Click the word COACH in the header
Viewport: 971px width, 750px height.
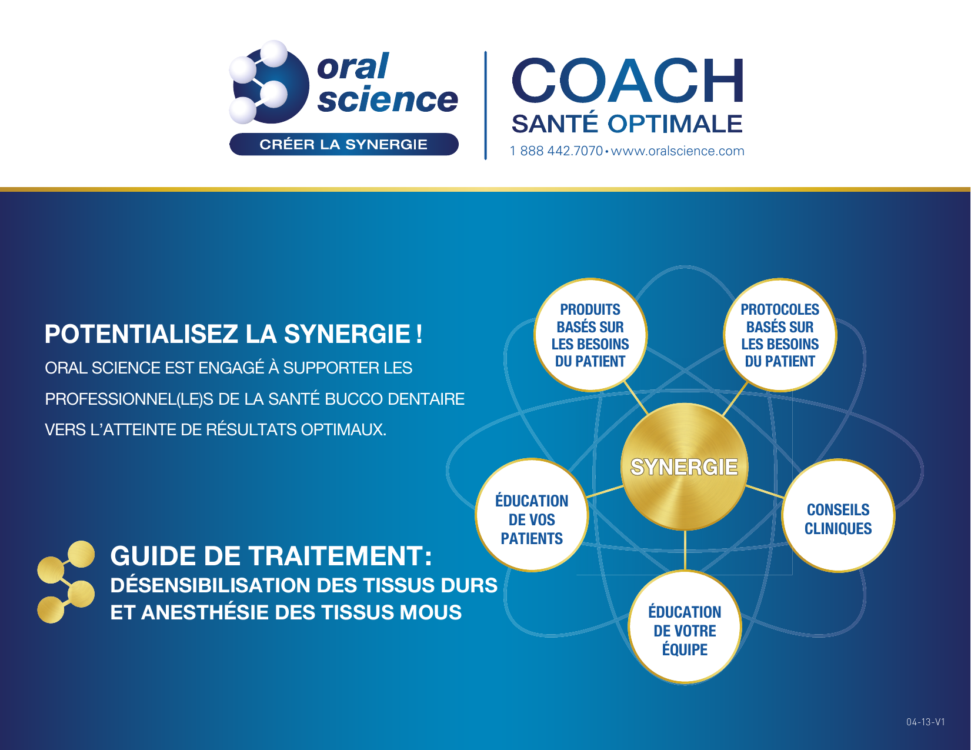(628, 81)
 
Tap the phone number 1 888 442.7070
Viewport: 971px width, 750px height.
(556, 151)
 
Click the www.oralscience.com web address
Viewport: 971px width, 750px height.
(678, 151)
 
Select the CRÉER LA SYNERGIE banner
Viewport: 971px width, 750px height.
(343, 144)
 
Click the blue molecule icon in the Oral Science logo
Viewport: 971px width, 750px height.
(269, 82)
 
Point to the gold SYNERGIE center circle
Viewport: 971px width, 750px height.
(684, 466)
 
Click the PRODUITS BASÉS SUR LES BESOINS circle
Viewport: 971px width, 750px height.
(590, 335)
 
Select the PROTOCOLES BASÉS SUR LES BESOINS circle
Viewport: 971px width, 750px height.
(780, 335)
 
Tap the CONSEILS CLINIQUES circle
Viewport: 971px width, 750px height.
(838, 515)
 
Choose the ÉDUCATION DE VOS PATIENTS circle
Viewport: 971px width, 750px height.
(532, 515)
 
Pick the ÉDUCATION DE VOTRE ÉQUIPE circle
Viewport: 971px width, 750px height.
(685, 627)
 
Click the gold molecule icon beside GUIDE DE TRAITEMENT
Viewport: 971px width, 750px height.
(66, 582)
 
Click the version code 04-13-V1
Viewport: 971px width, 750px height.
(926, 722)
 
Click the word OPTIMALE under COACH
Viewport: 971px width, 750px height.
(675, 124)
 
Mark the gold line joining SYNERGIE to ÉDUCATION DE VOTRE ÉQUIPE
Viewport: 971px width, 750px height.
(685, 550)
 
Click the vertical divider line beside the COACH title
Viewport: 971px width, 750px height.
(485, 105)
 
